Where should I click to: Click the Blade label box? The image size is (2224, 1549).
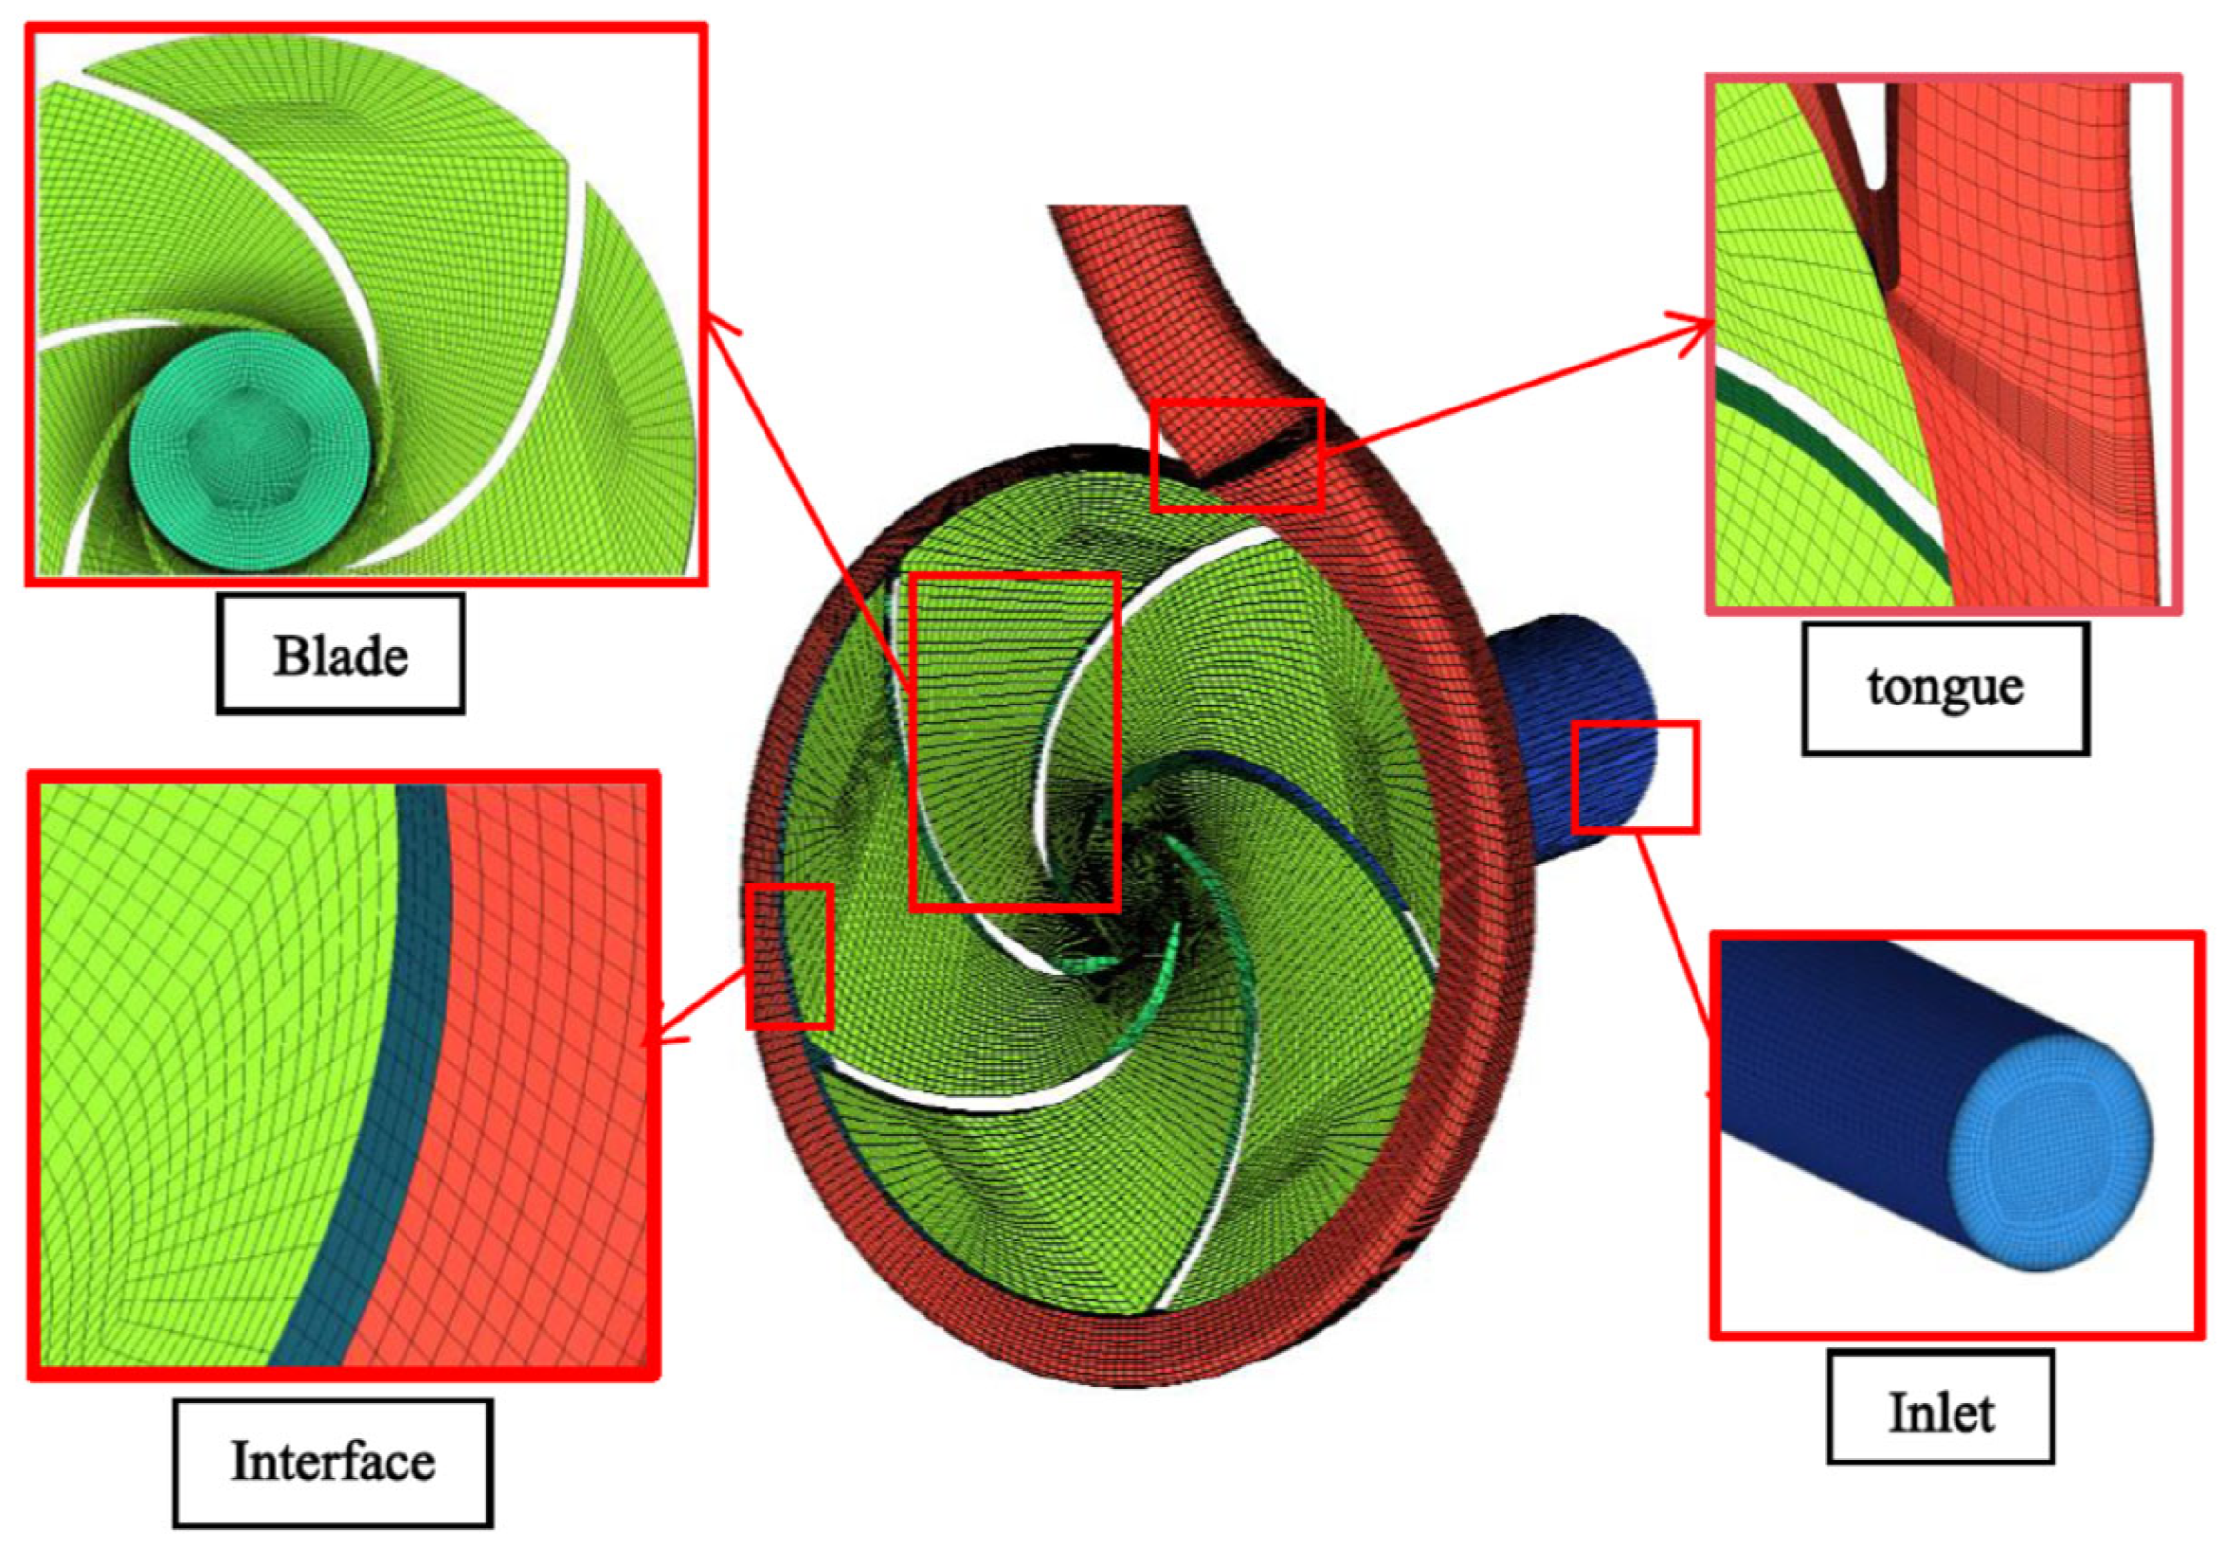click(x=340, y=655)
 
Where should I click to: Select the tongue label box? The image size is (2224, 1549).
click(x=1945, y=687)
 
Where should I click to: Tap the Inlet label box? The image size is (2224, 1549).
click(x=1940, y=1412)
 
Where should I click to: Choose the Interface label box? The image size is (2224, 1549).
click(x=333, y=1460)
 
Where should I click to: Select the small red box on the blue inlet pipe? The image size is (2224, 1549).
click(x=1635, y=776)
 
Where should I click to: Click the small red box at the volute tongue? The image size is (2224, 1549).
click(x=1238, y=455)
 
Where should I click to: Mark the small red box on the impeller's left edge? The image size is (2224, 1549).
click(x=789, y=956)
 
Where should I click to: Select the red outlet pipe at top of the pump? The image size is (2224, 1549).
click(x=1143, y=290)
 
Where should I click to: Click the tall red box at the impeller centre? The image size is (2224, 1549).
click(x=1015, y=741)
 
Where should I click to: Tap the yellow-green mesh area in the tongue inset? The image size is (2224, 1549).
click(x=1792, y=242)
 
